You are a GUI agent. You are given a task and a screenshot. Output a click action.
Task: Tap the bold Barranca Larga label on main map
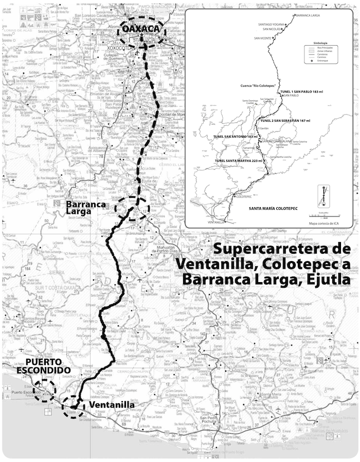pyautogui.click(x=86, y=208)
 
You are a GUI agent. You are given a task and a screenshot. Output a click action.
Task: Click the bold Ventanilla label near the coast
pyautogui.click(x=112, y=405)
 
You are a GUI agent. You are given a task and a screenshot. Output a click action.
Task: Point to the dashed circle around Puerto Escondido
pyautogui.click(x=45, y=391)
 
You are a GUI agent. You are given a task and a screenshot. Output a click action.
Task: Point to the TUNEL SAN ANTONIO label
pyautogui.click(x=235, y=136)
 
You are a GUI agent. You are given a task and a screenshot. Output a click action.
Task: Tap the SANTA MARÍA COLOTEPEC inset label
pyautogui.click(x=276, y=209)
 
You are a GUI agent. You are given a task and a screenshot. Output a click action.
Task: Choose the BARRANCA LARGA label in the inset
pyautogui.click(x=309, y=16)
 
